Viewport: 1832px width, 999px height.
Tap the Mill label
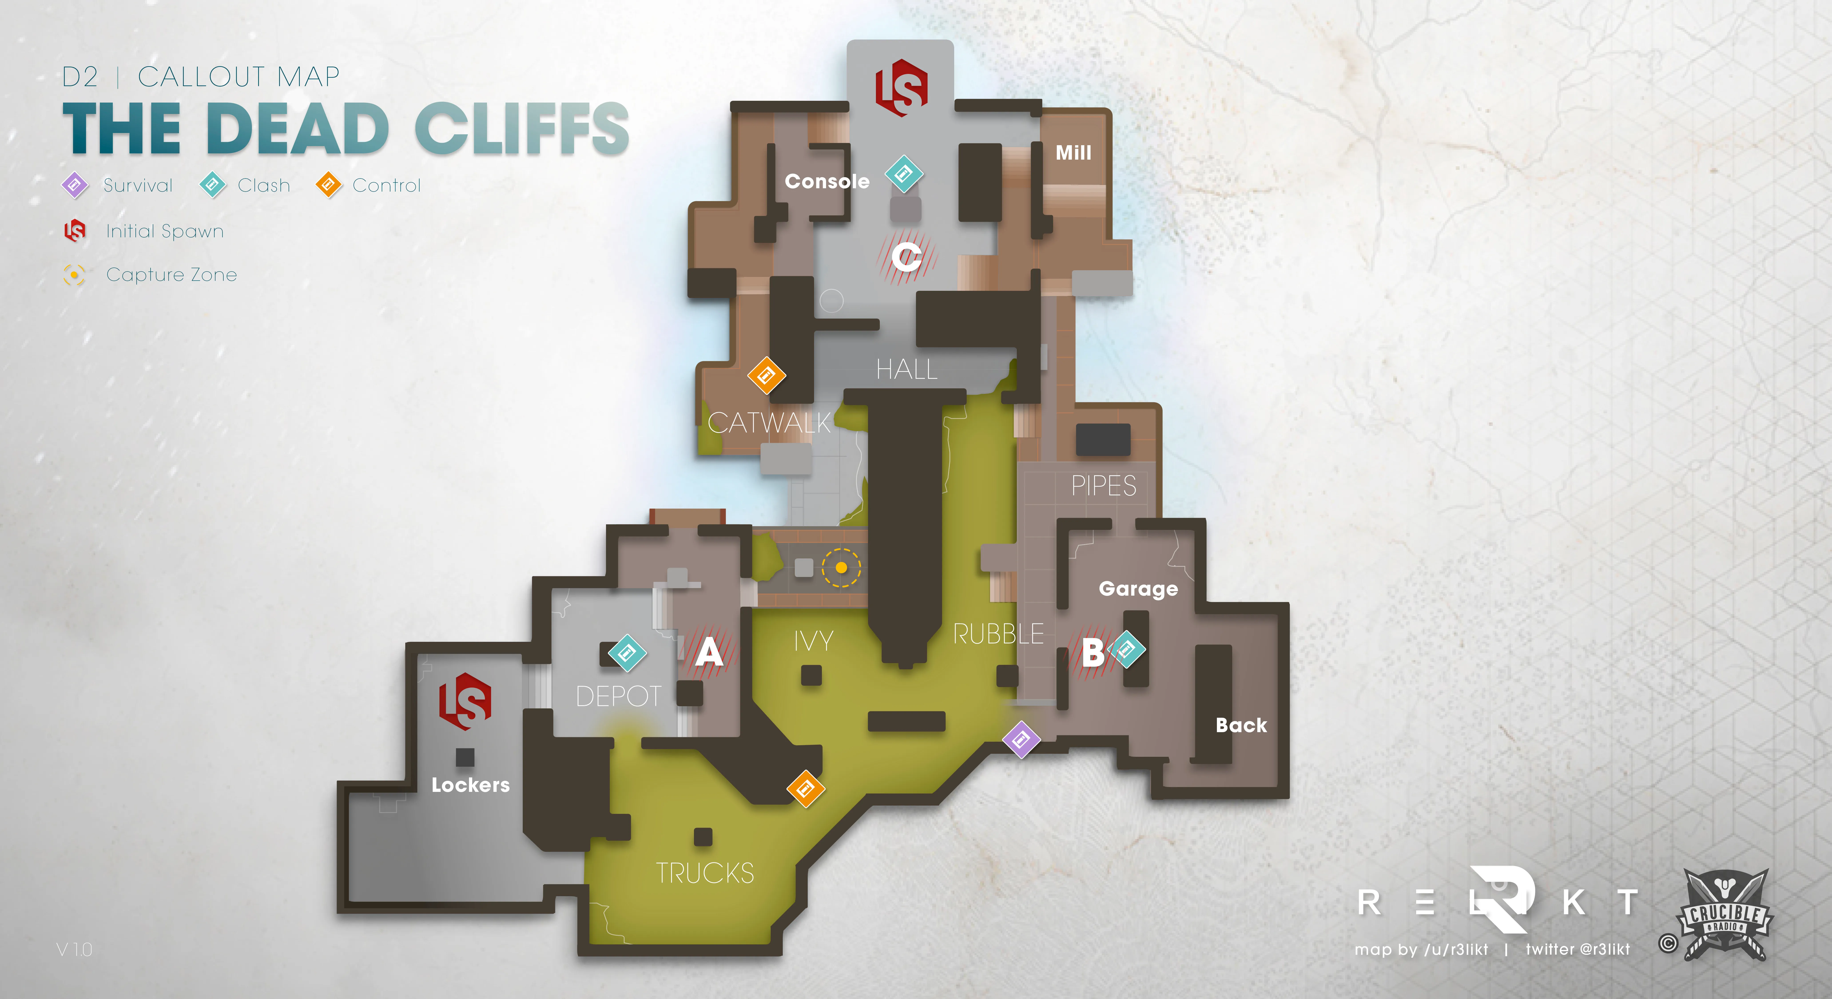point(1073,153)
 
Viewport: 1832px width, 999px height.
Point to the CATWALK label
point(769,423)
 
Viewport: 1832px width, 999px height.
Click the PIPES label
point(1104,486)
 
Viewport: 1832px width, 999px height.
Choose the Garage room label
point(1138,589)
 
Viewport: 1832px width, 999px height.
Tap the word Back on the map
point(1241,725)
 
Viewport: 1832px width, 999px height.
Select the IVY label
point(814,641)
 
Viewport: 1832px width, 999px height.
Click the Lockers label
point(471,785)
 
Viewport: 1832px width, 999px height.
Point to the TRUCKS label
point(705,873)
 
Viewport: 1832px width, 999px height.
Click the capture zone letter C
point(907,257)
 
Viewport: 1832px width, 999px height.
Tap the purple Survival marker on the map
point(1021,739)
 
